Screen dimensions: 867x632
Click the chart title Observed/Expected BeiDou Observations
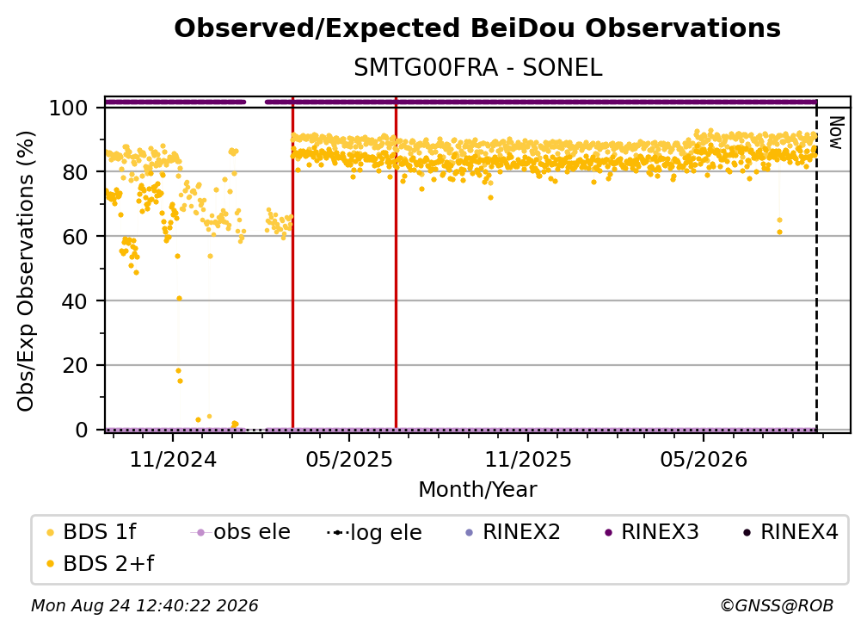coord(477,28)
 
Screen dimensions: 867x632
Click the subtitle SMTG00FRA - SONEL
coord(477,68)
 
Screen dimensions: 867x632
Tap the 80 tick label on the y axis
coord(75,172)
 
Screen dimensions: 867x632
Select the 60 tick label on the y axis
coord(75,236)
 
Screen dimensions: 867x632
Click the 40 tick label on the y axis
coord(75,301)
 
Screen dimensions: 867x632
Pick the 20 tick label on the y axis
coord(75,365)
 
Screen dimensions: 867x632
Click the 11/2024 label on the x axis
coord(173,459)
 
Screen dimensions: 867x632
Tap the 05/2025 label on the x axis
coord(349,459)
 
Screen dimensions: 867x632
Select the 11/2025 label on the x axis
coord(528,459)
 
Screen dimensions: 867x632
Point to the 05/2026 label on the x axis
coord(704,459)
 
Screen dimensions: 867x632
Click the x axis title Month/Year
coord(477,489)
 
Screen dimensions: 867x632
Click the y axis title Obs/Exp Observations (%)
coord(26,270)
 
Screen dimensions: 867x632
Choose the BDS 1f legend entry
coord(91,532)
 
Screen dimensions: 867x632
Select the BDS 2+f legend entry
coord(100,563)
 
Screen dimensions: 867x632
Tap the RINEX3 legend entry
coord(652,532)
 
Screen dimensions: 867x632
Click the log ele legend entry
coord(374,532)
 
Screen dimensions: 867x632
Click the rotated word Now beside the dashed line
coord(836,133)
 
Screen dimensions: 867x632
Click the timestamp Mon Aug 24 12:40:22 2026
coord(144,605)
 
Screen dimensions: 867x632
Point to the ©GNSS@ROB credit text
coord(777,605)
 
